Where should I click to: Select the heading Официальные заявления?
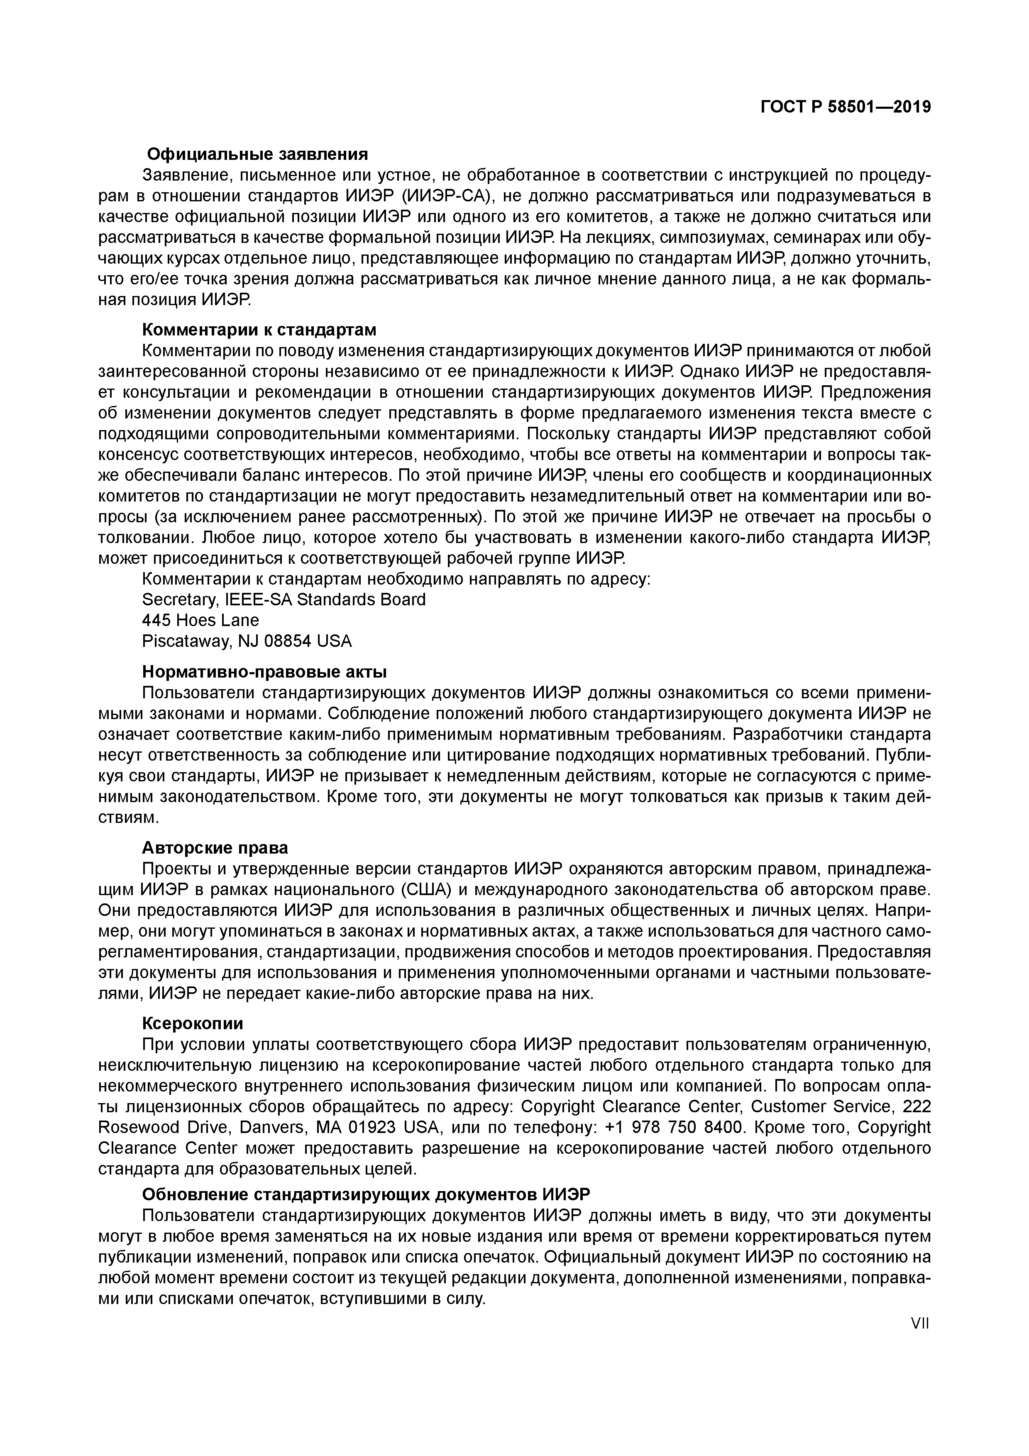(x=257, y=154)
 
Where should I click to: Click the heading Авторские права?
(x=215, y=847)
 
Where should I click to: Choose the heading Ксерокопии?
(x=193, y=1023)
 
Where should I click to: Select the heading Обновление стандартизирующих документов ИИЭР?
(x=366, y=1194)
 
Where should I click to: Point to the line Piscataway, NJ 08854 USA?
(x=247, y=641)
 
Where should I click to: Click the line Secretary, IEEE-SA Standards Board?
(x=284, y=599)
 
